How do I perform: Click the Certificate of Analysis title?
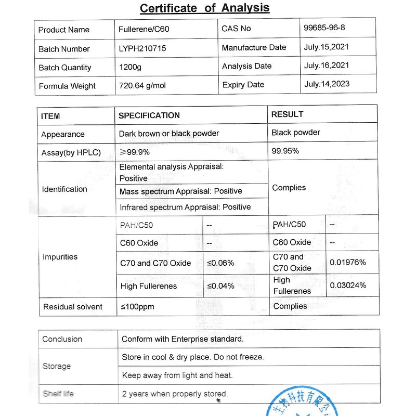(204, 8)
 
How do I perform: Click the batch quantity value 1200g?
(131, 67)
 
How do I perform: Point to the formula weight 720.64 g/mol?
(142, 85)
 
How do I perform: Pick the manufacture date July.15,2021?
(327, 47)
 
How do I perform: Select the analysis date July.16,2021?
(327, 66)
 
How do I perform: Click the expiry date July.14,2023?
(327, 84)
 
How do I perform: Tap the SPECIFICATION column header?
(149, 115)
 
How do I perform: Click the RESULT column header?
(287, 114)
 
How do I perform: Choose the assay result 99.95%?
(285, 151)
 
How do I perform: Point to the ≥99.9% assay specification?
(135, 152)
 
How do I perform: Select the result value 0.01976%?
(348, 263)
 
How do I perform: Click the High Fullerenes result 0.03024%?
(348, 285)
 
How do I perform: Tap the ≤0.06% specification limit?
(221, 263)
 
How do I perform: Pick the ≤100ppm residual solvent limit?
(138, 307)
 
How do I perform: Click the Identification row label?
(64, 189)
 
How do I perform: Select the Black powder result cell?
(296, 133)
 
